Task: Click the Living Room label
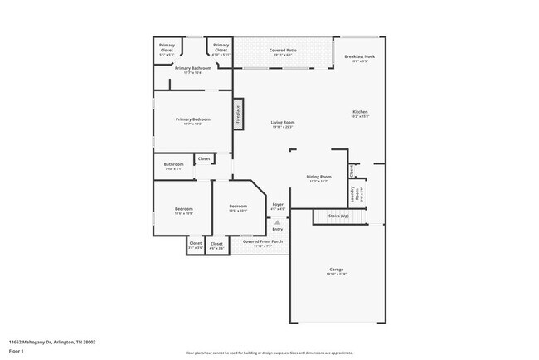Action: tap(283, 122)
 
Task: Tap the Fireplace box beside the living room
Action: tap(237, 114)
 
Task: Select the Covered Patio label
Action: tap(283, 51)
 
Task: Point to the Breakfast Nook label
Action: tap(359, 56)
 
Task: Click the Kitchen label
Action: tap(360, 112)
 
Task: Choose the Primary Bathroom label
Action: tap(192, 68)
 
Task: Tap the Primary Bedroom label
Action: tap(192, 119)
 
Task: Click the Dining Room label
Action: tap(319, 177)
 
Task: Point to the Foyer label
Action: tap(278, 204)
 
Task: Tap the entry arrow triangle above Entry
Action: tap(278, 223)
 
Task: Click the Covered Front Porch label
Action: tap(263, 241)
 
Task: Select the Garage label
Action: tap(337, 270)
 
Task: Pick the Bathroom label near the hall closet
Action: tap(173, 164)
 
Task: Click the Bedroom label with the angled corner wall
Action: tap(238, 207)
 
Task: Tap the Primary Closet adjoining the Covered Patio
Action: tap(220, 48)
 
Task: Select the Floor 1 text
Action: tap(17, 351)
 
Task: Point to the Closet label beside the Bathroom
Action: tap(203, 158)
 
